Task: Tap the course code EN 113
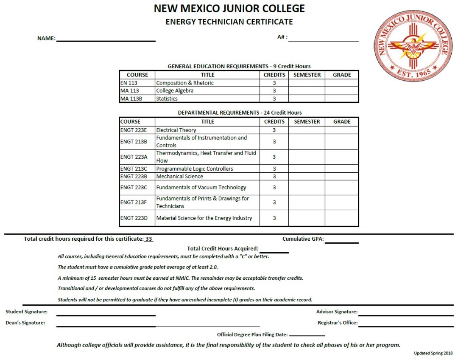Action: [129, 83]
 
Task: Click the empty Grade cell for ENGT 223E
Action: [342, 130]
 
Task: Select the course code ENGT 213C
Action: [134, 169]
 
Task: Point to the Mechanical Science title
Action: [179, 177]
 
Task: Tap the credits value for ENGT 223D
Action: [274, 218]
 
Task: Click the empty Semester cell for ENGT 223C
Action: [307, 188]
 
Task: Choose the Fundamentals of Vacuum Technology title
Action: [201, 188]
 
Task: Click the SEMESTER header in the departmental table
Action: [307, 122]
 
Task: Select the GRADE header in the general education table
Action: [342, 75]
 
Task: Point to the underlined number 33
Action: [148, 239]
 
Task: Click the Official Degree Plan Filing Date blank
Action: [307, 335]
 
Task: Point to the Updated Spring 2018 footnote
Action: [433, 353]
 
